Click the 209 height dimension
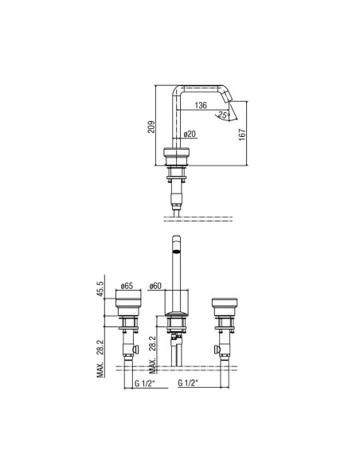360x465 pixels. [151, 127]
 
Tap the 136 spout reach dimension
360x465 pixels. [201, 105]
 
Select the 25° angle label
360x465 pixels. [224, 115]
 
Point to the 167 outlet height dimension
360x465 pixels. [242, 135]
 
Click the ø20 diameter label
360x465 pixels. [190, 134]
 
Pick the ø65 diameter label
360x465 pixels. [127, 286]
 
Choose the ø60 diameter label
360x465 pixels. [155, 286]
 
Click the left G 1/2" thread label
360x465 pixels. [145, 383]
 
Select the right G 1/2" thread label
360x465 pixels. [188, 383]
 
